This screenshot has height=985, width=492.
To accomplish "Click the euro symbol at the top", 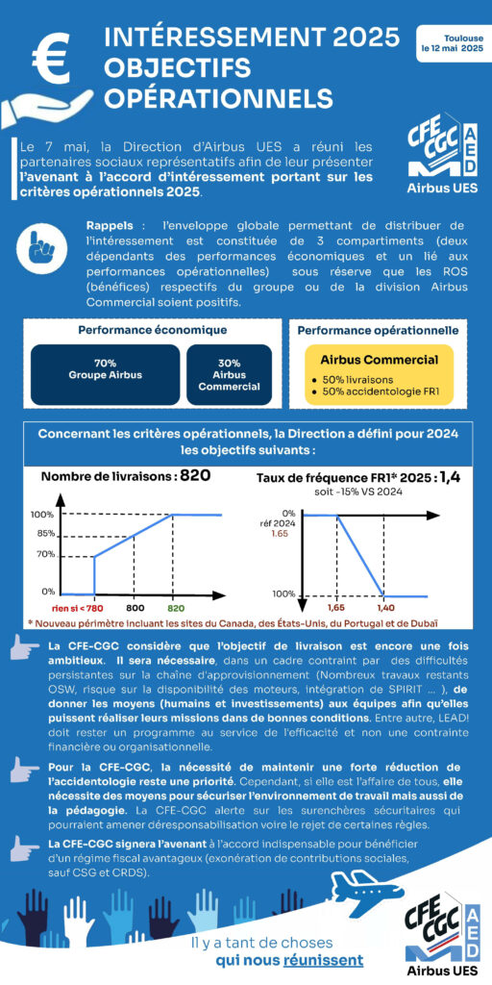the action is pos(53,54).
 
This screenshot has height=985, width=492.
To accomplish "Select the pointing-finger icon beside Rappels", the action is pos(46,247).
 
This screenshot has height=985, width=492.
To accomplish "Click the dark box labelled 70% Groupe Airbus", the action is pos(106,374).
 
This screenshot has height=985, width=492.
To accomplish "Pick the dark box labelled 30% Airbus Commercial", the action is pos(229,374).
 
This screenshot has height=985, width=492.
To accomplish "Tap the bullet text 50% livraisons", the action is pos(358,380).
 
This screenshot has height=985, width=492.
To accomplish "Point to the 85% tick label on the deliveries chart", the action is pos(47,535).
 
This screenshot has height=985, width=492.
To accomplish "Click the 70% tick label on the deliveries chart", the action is pos(47,555).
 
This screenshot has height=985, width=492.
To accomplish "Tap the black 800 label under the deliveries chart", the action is pos(135,609).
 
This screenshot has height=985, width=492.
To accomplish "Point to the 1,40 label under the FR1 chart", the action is pos(384,609).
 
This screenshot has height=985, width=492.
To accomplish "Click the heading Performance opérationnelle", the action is pos(378,331).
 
